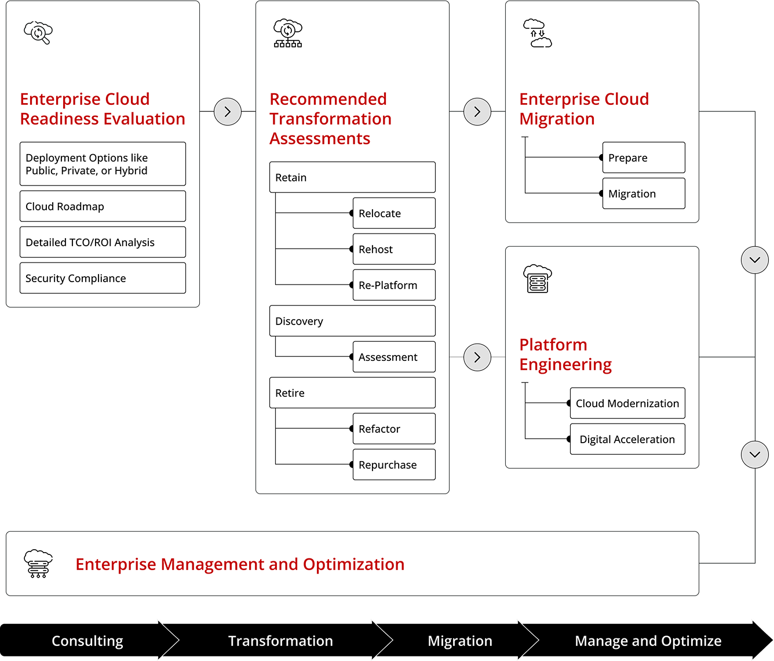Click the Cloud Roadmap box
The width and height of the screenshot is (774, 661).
103,206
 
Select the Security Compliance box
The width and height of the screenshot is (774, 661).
103,278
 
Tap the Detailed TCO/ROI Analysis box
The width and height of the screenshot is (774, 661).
103,242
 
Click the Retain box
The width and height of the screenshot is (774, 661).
352,177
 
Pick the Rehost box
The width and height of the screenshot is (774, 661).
394,249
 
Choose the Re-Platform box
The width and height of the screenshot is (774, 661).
394,285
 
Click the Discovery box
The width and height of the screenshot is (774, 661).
352,321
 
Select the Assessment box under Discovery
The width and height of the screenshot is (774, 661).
394,357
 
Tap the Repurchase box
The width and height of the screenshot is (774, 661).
394,465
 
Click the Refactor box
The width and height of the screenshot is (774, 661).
394,429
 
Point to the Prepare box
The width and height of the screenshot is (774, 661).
644,158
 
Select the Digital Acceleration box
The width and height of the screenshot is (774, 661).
627,439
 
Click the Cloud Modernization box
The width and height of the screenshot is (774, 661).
627,403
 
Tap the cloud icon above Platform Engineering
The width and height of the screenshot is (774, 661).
537,279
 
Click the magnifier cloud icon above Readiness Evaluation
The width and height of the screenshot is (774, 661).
38,32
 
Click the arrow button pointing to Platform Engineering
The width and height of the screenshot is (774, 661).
477,357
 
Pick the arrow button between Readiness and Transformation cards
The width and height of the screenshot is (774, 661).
228,112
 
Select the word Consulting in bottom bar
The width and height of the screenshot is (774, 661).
87,641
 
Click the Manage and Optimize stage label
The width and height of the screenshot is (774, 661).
648,641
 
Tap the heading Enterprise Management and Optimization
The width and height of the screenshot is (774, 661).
240,564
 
